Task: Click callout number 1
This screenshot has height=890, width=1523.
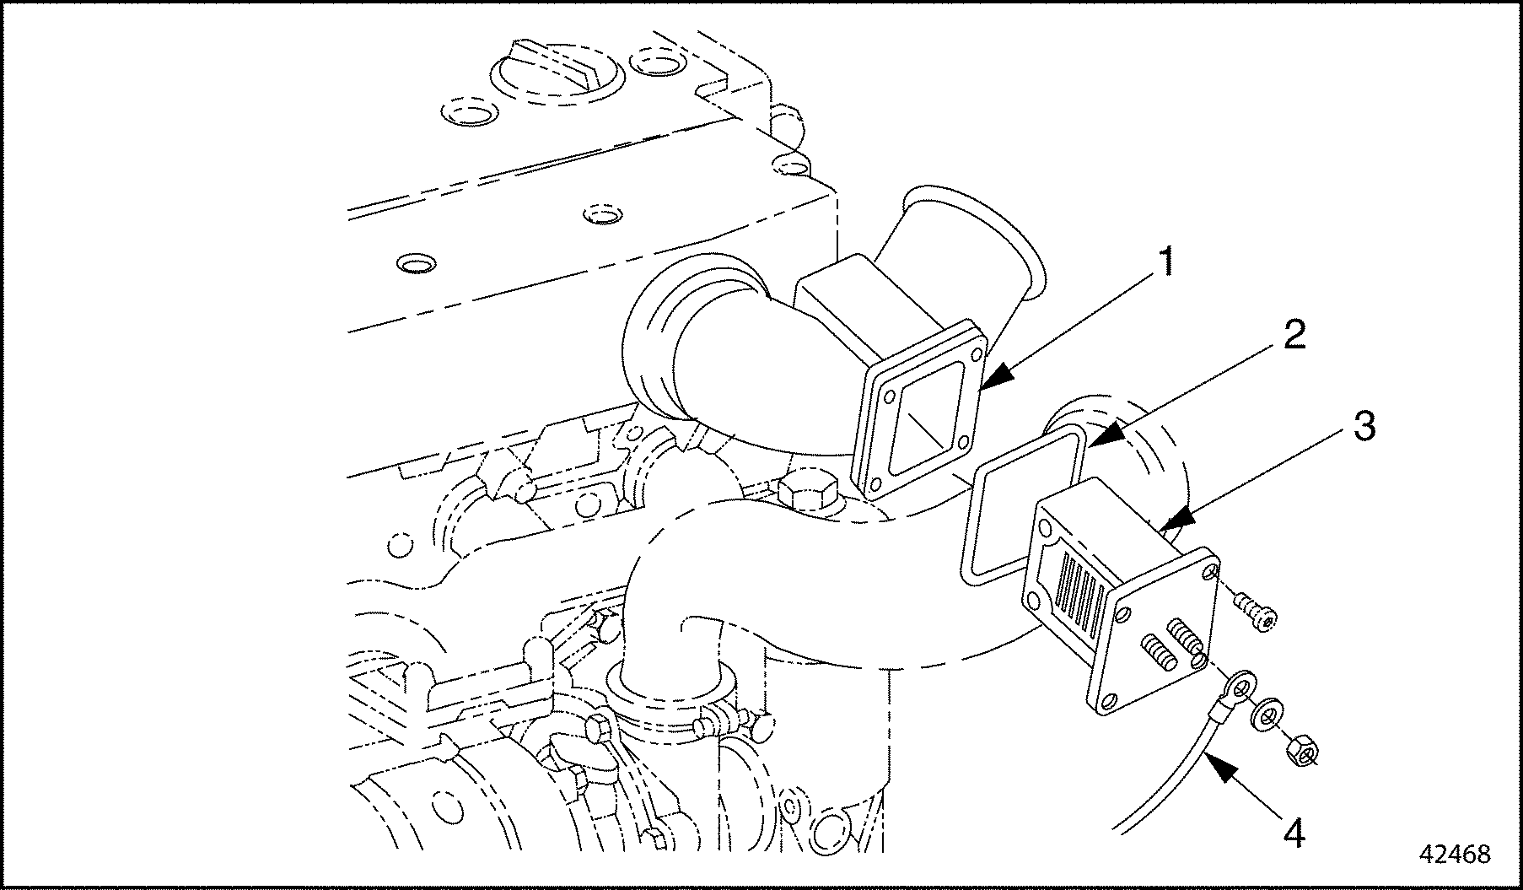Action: click(1164, 263)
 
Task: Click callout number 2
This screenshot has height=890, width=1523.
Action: click(1294, 337)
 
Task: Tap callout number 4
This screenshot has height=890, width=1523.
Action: click(1294, 833)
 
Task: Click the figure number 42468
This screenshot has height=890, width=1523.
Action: click(1455, 854)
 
